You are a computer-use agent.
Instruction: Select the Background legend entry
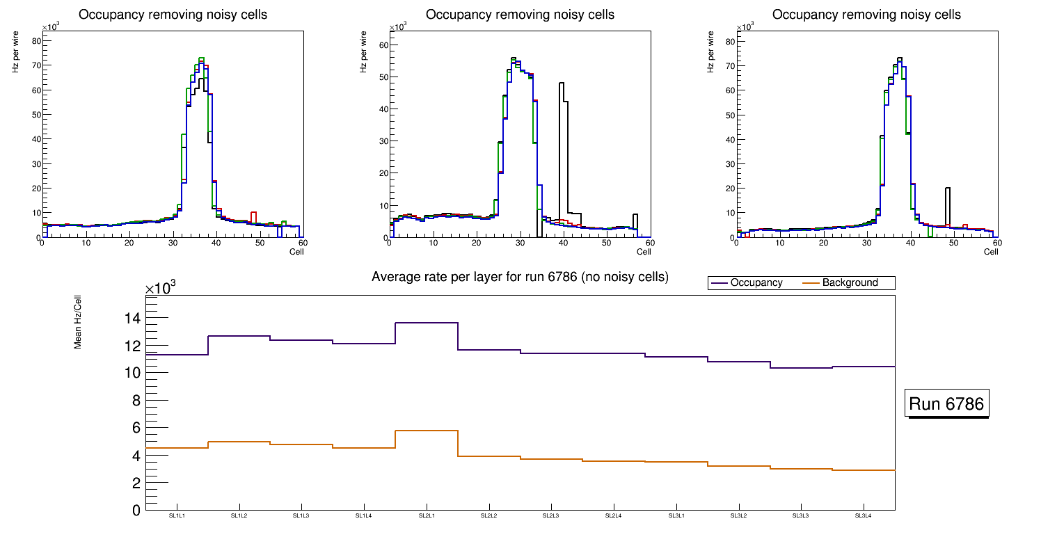[849, 283]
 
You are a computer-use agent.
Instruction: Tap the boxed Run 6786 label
[948, 404]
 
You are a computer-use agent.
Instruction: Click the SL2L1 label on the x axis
[426, 515]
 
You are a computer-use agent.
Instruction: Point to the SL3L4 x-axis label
[863, 515]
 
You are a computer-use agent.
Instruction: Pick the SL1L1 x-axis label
[177, 515]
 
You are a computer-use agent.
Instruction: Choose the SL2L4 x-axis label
[613, 515]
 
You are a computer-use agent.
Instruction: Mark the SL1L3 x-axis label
[301, 515]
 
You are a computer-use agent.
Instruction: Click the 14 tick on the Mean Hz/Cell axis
[132, 319]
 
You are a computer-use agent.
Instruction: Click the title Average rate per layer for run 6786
[520, 277]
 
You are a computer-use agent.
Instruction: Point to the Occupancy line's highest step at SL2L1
[426, 323]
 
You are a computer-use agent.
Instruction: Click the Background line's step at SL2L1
[426, 431]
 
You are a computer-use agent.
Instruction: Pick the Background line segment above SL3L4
[863, 470]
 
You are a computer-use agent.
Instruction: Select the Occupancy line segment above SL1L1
[177, 355]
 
